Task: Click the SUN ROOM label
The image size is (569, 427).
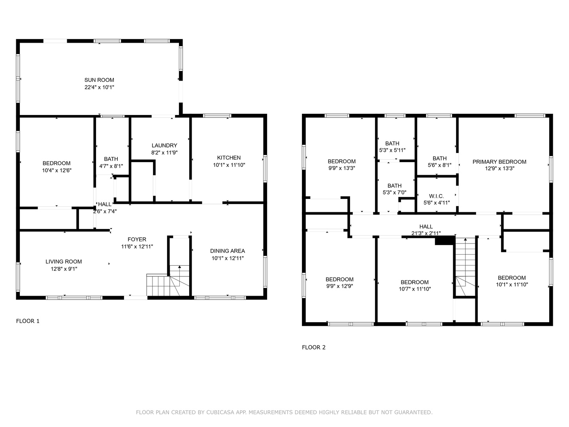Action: [x=99, y=80]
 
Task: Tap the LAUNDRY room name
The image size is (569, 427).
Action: [x=164, y=145]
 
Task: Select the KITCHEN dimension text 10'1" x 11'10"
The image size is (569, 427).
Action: [x=229, y=165]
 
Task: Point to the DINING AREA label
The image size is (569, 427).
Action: [x=227, y=251]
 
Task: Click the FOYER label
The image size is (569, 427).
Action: [x=137, y=239]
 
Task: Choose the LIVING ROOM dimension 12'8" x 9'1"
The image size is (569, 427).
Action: [x=64, y=269]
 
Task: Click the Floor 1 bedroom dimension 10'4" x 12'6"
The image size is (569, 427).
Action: [x=57, y=170]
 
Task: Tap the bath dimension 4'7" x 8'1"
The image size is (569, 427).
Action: [x=111, y=166]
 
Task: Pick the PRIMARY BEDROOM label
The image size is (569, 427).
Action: [x=499, y=162]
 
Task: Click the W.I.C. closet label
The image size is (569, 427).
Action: [x=436, y=196]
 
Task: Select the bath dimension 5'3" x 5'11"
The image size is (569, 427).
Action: [x=392, y=150]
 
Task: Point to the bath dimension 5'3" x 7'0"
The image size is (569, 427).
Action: [x=394, y=193]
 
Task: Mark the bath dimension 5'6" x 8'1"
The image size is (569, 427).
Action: [x=439, y=165]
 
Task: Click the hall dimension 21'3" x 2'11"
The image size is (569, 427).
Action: [x=426, y=233]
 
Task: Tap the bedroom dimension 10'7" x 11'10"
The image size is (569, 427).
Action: [x=415, y=289]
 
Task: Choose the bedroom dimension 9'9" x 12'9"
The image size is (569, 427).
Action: [x=339, y=286]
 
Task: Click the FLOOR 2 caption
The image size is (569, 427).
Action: [x=313, y=348]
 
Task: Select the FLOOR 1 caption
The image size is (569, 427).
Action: [x=28, y=321]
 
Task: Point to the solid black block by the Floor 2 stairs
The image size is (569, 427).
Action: [x=445, y=240]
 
